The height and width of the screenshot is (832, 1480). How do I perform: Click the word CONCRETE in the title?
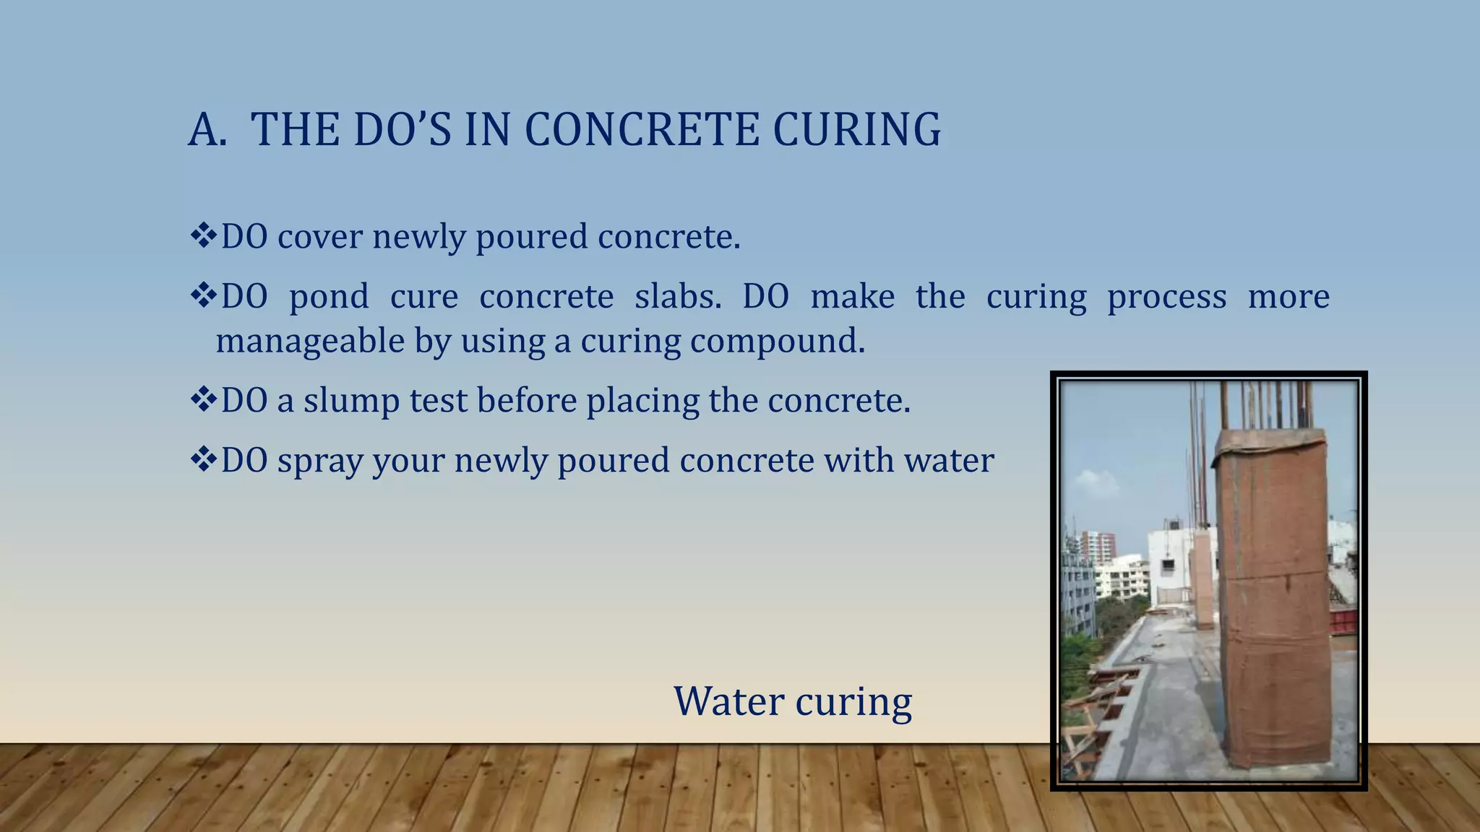point(642,130)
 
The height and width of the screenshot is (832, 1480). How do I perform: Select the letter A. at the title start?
point(207,131)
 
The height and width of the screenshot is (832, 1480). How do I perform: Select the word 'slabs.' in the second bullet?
point(678,296)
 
